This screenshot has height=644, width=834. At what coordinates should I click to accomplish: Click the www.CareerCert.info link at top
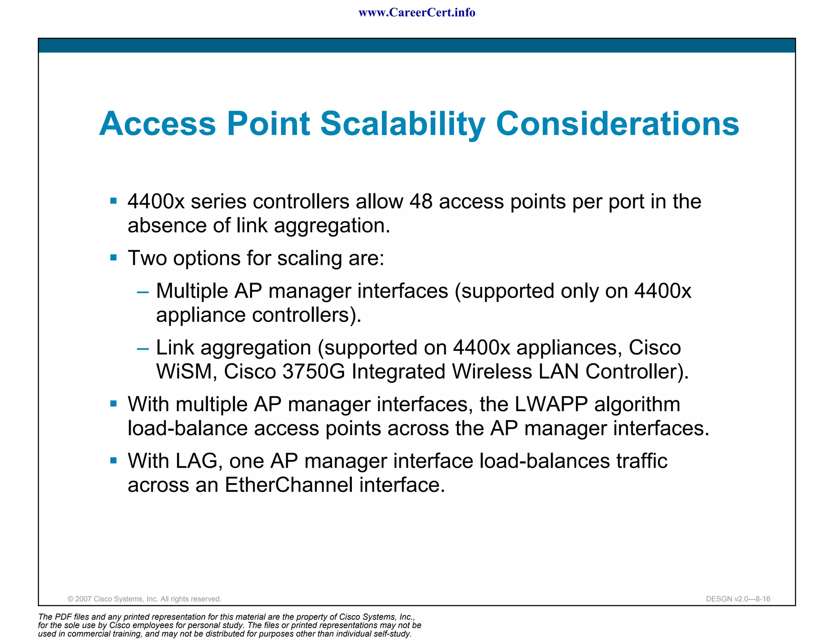coord(417,13)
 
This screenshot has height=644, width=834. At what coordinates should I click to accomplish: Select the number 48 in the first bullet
coord(421,202)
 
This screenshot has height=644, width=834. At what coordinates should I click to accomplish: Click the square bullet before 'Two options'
coord(114,258)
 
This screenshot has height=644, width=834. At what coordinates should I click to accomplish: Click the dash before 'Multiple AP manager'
coord(143,292)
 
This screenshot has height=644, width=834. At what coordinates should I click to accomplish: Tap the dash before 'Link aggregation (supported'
coord(143,348)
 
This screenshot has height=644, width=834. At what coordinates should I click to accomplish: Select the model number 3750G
coord(313,372)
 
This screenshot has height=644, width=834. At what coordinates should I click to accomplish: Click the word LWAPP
coord(551,405)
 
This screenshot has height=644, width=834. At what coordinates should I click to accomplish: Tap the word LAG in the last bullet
coord(199,461)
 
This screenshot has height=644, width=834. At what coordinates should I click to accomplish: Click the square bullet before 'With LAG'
coord(114,460)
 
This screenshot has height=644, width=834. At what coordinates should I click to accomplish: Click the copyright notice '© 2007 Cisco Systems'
coord(144,599)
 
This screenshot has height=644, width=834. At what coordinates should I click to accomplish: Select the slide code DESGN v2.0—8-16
coord(738,599)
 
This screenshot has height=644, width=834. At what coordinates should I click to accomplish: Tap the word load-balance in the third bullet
coord(187,429)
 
